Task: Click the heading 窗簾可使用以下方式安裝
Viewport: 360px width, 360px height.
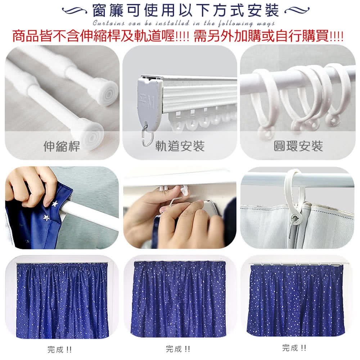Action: point(186,10)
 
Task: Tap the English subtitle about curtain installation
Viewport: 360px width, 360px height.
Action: point(184,23)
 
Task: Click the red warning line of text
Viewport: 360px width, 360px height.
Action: point(178,36)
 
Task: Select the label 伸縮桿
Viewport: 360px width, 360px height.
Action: point(62,146)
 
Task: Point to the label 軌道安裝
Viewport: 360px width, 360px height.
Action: point(180,146)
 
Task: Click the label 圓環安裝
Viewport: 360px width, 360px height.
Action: point(298,146)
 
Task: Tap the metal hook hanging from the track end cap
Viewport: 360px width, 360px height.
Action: point(147,138)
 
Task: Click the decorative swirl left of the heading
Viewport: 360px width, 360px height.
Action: point(74,10)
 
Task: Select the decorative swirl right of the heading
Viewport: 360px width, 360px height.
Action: point(297,10)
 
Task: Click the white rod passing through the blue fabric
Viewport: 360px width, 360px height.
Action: point(90,213)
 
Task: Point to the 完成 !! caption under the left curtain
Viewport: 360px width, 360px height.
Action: point(59,350)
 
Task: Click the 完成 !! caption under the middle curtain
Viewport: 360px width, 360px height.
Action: point(178,349)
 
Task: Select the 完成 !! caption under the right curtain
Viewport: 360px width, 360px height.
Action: point(294,348)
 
